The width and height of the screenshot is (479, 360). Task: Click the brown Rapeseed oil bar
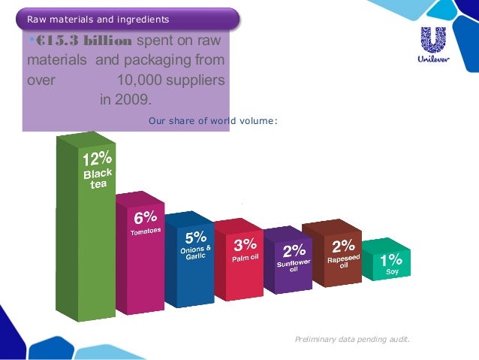pos(342,267)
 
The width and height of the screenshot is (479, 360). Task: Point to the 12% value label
pos(97,159)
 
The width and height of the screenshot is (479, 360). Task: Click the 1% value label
pos(391,259)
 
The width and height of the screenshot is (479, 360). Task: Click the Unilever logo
pos(435,46)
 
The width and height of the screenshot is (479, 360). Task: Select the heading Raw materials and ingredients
pos(98,18)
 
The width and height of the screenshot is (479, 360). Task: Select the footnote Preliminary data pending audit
pos(353,340)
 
